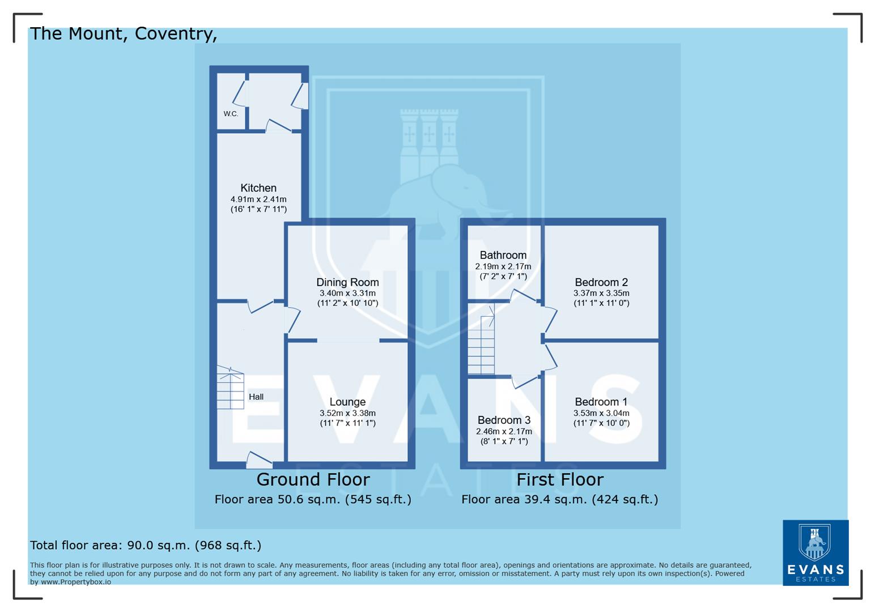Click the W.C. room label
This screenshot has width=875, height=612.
[231, 114]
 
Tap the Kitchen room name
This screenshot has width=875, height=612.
[258, 188]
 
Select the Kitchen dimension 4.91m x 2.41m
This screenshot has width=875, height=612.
[258, 199]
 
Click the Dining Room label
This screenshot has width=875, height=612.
[347, 282]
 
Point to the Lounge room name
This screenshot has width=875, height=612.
[347, 402]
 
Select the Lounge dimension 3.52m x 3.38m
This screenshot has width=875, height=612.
[347, 413]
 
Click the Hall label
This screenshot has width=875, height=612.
[256, 397]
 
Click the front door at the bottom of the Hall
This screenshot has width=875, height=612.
[258, 461]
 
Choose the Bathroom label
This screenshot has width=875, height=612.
[503, 255]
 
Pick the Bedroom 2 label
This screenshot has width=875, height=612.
[601, 282]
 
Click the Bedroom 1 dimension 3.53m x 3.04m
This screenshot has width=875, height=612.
[601, 413]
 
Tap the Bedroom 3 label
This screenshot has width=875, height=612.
[504, 420]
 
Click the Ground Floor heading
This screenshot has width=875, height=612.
[313, 479]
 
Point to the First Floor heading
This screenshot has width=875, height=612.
[560, 479]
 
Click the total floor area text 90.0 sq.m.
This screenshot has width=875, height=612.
[146, 545]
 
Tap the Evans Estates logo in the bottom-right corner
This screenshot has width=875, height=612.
[815, 552]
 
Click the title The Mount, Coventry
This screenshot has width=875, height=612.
[123, 33]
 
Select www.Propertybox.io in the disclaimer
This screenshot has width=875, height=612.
[75, 582]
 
